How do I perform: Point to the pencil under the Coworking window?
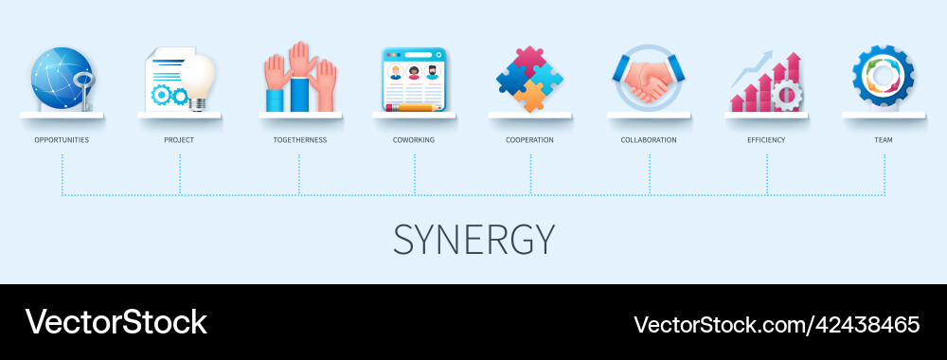click(414, 108)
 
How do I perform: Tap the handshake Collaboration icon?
click(649, 81)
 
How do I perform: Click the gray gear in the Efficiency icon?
click(786, 96)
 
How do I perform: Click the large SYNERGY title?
click(473, 240)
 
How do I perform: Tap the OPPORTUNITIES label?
click(62, 139)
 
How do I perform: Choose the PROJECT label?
click(179, 139)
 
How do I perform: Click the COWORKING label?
click(414, 139)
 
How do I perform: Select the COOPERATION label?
click(529, 139)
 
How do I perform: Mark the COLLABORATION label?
click(649, 139)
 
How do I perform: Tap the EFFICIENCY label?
click(766, 139)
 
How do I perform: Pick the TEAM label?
click(884, 139)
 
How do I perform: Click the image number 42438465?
click(865, 324)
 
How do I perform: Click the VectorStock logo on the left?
click(116, 322)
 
